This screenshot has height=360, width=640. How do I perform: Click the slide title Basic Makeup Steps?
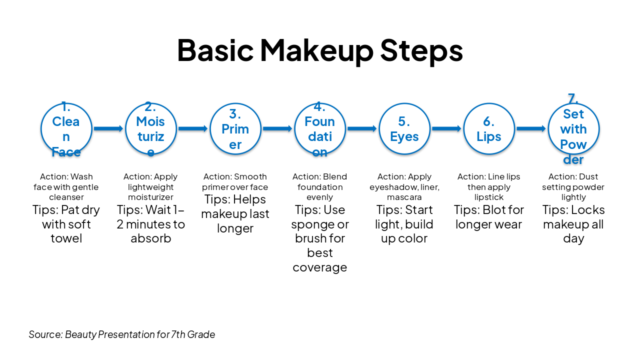coord(320,50)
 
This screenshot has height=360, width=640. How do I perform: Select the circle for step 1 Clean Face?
coord(66,129)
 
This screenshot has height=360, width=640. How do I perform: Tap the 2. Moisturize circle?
coord(150,129)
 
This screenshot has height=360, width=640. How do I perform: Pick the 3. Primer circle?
coord(235,129)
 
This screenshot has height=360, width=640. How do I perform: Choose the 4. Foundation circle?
coord(319,129)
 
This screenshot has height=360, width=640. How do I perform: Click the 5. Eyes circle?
coord(404,129)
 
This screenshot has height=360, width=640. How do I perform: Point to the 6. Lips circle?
coord(488,129)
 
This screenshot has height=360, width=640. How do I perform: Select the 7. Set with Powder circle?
coord(573,129)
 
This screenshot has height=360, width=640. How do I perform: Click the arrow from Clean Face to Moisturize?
coord(108,129)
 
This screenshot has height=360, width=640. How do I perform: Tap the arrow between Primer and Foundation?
coord(277,129)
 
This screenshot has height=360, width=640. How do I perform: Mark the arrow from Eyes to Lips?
coord(446,129)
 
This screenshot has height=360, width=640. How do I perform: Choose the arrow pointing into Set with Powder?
coord(531,129)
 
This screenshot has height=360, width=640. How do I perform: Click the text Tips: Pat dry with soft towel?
coord(66,224)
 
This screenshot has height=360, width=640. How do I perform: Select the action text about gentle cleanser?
coord(66,187)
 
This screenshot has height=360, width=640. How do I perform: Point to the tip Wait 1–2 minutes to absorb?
coord(150,224)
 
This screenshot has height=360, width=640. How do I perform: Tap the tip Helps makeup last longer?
coord(235,214)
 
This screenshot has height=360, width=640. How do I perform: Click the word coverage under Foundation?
coord(319,267)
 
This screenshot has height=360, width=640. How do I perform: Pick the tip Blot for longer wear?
coord(488,217)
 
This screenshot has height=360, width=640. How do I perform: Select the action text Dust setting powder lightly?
coord(573,187)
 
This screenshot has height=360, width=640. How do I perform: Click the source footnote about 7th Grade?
coord(122,334)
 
